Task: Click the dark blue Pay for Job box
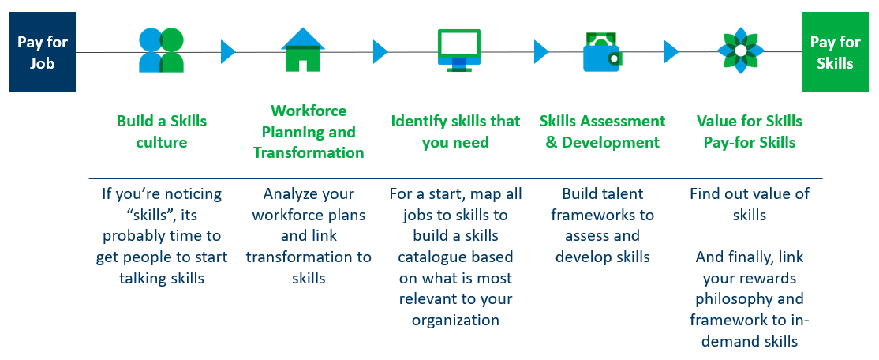43,52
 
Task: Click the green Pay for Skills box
836,52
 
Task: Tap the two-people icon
162,51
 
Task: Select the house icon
303,50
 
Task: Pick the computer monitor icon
458,51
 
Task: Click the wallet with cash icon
601,51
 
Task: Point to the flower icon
741,51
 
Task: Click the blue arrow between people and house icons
227,51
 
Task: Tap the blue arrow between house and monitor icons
380,51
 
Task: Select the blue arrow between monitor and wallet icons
541,51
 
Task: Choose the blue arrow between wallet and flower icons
671,51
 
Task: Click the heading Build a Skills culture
162,131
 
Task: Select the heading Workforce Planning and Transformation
309,131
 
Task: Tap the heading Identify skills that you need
455,131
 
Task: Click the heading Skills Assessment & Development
603,131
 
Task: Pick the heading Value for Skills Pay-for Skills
750,131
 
